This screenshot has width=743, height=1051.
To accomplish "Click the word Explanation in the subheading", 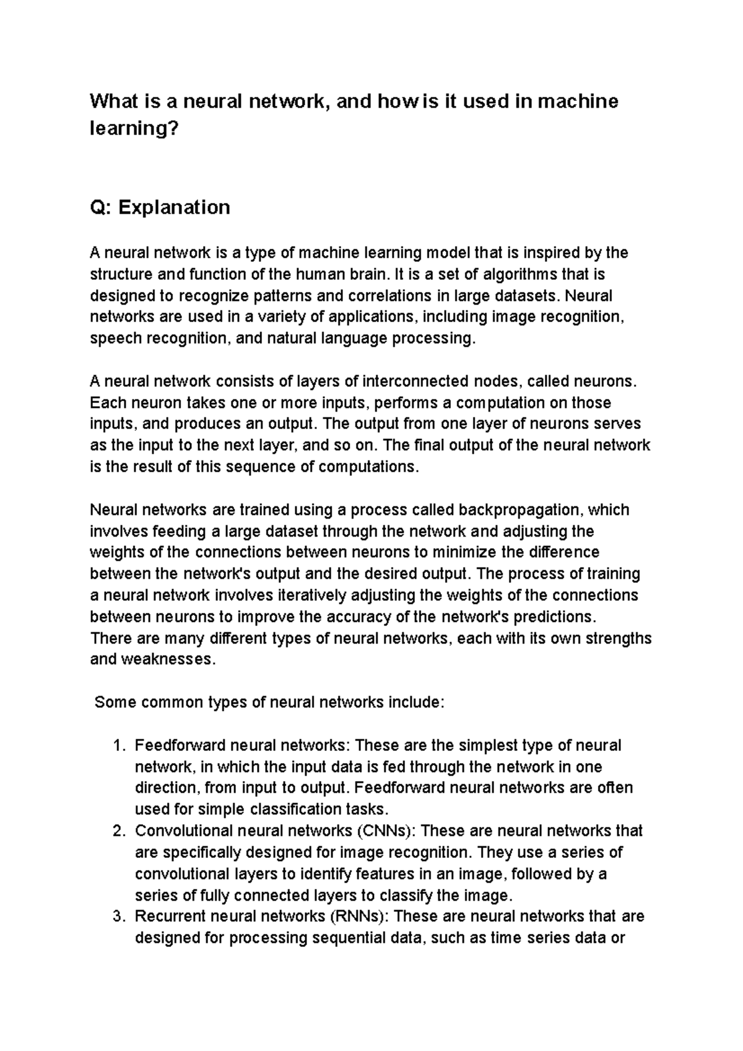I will coord(174,207).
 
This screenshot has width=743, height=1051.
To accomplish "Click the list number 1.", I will coord(120,746).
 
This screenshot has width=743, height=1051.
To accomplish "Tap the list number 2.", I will coord(120,831).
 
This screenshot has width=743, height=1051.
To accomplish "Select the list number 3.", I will coord(120,916).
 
